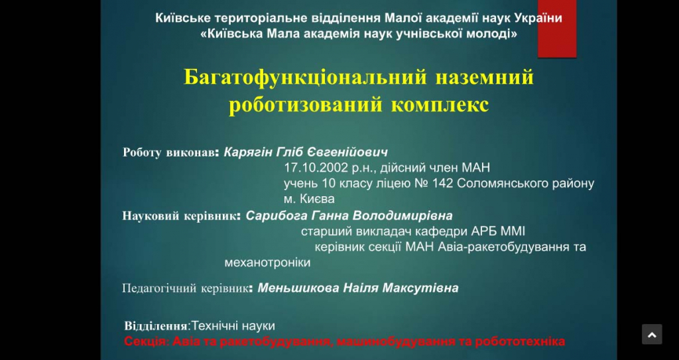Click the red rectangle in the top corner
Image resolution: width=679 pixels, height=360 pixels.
[x=557, y=29]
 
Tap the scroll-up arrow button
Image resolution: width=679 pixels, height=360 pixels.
[x=652, y=334]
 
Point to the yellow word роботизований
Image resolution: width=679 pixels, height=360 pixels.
[x=306, y=105]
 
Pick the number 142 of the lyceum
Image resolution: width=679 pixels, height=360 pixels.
[x=442, y=184]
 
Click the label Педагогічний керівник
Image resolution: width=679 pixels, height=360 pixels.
[x=186, y=288]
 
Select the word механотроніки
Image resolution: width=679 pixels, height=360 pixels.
[x=267, y=263]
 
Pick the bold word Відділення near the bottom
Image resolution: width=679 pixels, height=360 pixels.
[x=156, y=326]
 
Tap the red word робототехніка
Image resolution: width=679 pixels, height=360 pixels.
[x=520, y=341]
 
